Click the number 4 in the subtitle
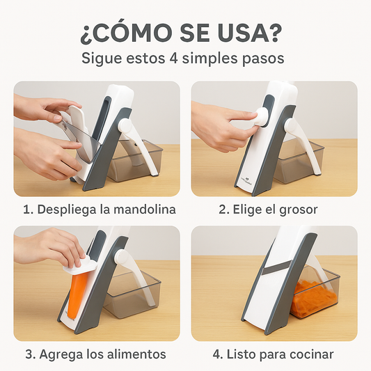click(x=174, y=58)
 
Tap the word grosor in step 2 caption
click(x=298, y=210)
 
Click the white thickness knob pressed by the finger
click(x=262, y=117)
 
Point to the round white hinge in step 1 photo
click(x=125, y=127)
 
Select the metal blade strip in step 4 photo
click(x=277, y=270)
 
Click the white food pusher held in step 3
click(x=80, y=264)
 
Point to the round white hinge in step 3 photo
click(x=121, y=257)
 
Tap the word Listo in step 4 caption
click(x=241, y=354)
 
